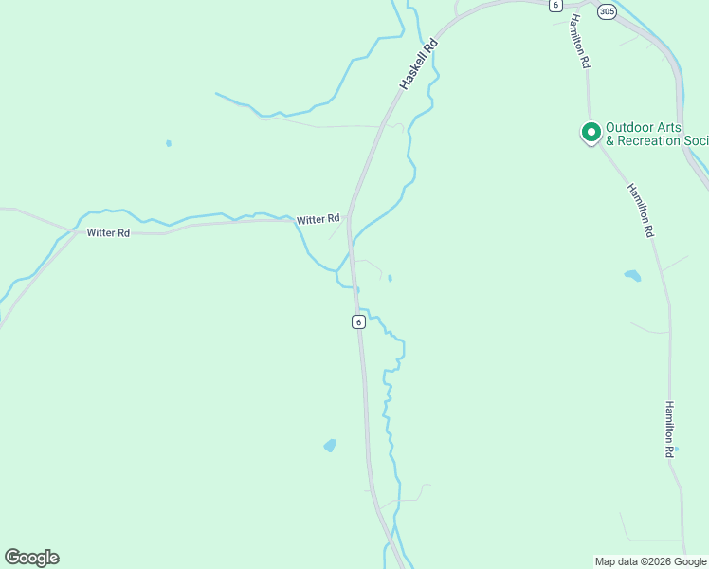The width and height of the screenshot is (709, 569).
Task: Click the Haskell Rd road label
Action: click(418, 64)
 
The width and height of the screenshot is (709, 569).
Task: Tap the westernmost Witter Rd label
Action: click(107, 232)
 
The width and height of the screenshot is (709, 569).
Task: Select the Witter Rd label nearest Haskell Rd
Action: click(318, 220)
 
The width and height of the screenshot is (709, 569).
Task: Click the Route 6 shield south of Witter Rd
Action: click(358, 321)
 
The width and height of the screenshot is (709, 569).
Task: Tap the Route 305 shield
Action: click(608, 11)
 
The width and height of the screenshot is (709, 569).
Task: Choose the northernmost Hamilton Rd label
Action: click(580, 42)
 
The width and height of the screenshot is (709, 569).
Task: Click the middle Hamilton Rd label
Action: click(641, 211)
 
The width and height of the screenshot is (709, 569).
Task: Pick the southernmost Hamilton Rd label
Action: click(669, 429)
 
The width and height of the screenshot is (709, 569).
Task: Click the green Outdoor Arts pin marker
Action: click(591, 132)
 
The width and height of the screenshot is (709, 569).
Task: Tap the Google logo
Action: click(31, 558)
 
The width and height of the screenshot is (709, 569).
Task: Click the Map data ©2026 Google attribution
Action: click(650, 561)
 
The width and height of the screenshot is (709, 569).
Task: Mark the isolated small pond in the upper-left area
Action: click(169, 143)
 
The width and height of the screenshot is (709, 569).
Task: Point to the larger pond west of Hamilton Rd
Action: click(632, 276)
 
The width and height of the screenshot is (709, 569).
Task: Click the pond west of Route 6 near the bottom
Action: click(330, 445)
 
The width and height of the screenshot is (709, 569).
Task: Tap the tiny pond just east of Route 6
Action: click(390, 278)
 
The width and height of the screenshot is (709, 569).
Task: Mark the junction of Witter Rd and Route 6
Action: click(349, 219)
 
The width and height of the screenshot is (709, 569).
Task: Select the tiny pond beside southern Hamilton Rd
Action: click(676, 449)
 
